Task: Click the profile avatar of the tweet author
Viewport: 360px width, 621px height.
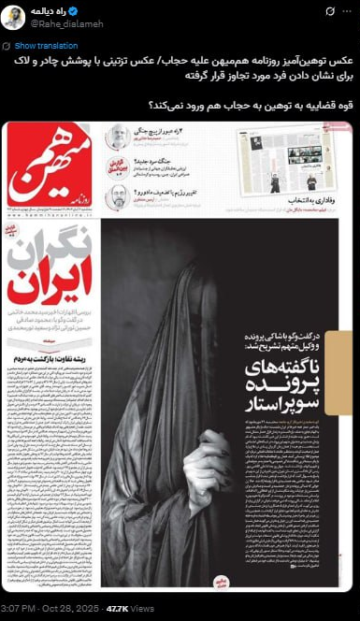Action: [13, 17]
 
